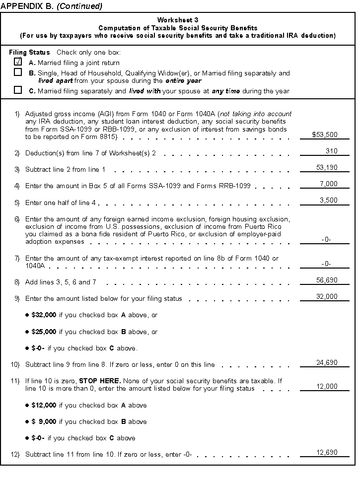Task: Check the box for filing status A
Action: [18, 62]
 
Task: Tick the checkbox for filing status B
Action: [18, 72]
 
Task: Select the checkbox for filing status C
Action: [18, 90]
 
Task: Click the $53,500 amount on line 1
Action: [324, 135]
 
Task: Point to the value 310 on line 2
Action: [332, 151]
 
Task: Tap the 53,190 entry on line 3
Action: [327, 168]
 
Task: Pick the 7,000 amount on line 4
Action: [328, 184]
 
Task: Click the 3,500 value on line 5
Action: [328, 201]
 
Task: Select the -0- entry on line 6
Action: [326, 239]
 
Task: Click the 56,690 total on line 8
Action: [327, 280]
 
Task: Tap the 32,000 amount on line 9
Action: [327, 297]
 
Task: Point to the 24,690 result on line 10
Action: [327, 363]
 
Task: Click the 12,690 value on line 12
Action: [327, 452]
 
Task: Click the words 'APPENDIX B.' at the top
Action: [27, 6]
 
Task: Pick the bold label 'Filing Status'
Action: [29, 52]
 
